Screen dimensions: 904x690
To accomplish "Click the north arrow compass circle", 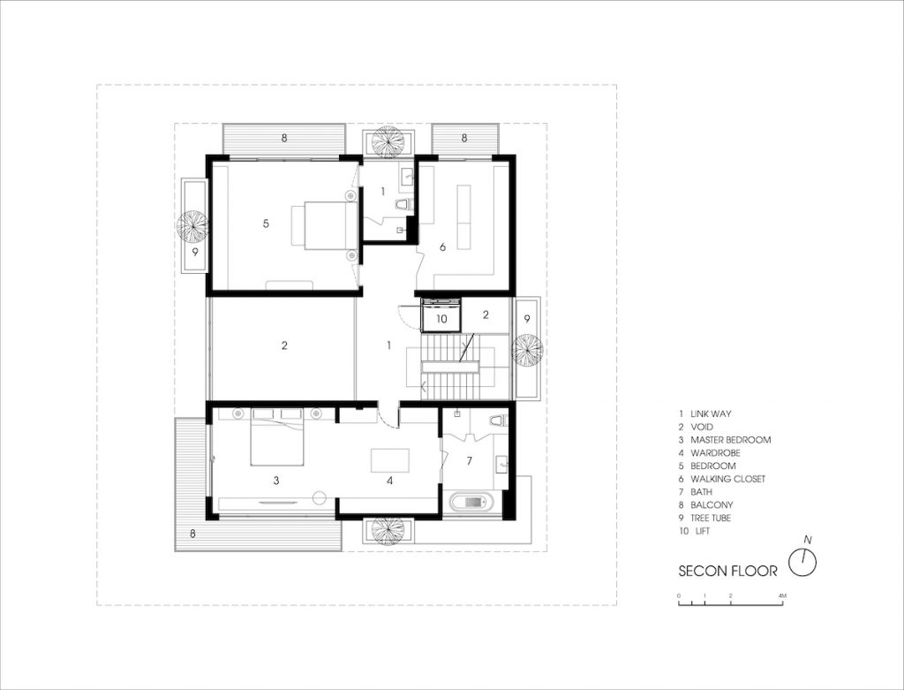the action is point(802,562).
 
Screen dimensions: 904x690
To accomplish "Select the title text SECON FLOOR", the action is point(727,571).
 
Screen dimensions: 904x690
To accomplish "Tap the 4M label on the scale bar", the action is point(782,595).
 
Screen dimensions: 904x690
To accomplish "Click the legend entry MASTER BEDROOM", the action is point(730,440).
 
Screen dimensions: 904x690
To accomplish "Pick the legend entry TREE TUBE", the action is point(711,518).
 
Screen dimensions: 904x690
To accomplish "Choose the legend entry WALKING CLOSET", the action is point(728,479).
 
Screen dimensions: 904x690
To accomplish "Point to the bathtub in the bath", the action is point(472,502).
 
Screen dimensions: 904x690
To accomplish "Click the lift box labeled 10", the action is point(441,318).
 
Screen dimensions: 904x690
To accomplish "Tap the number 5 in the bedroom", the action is point(266,224).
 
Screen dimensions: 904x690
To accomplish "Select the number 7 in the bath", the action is point(470,460).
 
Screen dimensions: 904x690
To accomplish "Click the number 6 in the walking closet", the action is point(443,246).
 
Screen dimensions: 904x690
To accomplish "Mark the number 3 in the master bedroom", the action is point(276,480).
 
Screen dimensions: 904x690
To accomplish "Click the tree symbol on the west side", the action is point(192,227).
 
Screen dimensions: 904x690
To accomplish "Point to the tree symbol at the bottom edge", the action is point(388,530).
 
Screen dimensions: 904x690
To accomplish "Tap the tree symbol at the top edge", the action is point(388,141).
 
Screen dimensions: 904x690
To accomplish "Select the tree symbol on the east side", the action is point(526,350).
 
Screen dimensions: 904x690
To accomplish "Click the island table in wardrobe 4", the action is point(389,460).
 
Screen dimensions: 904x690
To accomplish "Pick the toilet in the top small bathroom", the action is point(404,204).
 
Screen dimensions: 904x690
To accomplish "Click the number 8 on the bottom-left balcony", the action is point(192,534).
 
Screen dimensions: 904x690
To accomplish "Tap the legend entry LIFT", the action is point(702,531).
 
